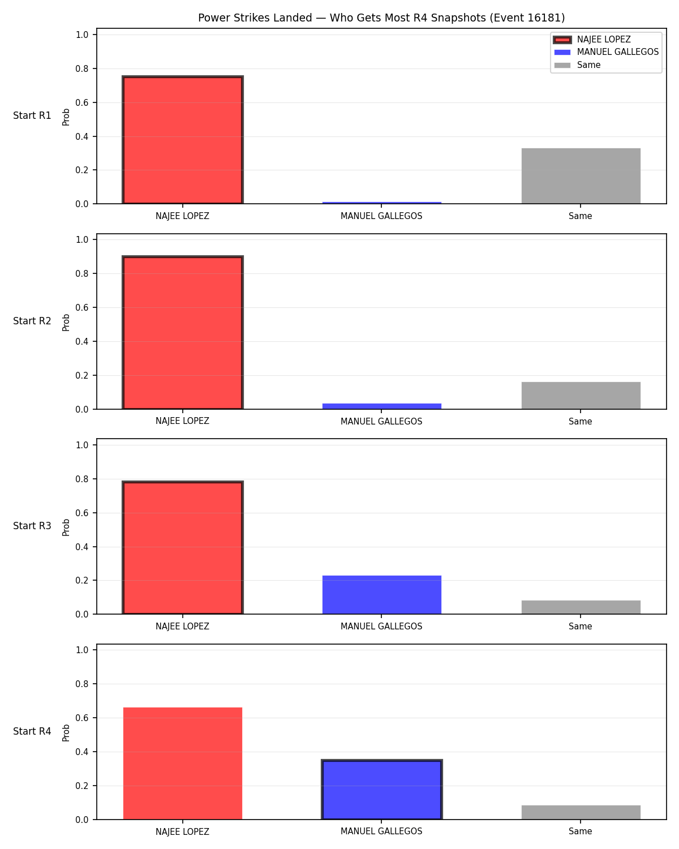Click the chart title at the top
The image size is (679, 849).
click(x=381, y=18)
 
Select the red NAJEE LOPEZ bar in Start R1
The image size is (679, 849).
click(x=183, y=140)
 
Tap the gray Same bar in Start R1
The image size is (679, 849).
click(x=581, y=176)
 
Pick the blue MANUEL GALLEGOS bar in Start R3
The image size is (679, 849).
click(x=381, y=594)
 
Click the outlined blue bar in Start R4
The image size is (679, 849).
click(x=381, y=790)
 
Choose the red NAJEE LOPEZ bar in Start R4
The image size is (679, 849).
click(x=183, y=764)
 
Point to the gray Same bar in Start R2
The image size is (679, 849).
click(x=581, y=395)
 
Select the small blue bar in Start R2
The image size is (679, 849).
click(x=381, y=406)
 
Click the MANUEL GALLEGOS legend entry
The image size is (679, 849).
click(x=607, y=52)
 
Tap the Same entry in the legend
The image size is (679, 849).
click(x=577, y=65)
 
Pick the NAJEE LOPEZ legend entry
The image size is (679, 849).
click(x=592, y=40)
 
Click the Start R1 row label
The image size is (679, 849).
click(x=32, y=115)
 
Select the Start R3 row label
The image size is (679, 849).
click(x=32, y=526)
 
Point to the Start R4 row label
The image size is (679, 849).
click(x=32, y=731)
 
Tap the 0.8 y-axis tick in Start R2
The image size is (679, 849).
click(x=81, y=274)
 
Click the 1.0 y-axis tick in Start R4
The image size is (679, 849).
click(x=81, y=650)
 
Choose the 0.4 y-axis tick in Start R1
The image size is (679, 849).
click(x=81, y=136)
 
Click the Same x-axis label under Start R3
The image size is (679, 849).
click(x=580, y=627)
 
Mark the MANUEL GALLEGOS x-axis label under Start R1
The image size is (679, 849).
click(x=381, y=216)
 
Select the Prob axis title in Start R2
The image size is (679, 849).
click(x=66, y=323)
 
